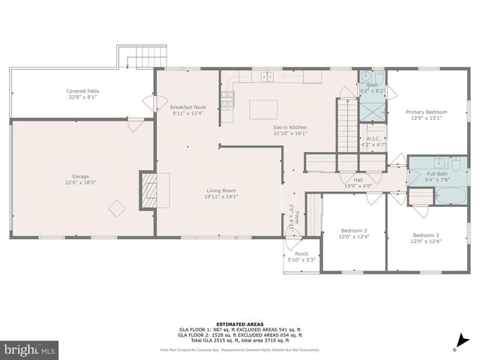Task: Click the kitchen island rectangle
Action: (263, 109)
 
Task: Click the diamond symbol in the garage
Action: (117, 207)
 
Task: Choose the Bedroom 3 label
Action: (426, 235)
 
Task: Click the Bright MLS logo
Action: (30, 350)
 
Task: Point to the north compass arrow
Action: (455, 346)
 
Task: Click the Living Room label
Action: (222, 193)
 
